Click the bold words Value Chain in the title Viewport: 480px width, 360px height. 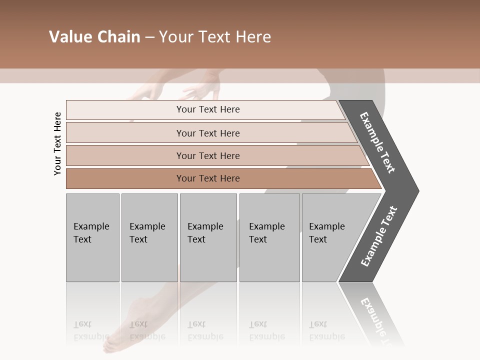click(94, 37)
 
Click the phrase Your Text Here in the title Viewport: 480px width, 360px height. click(215, 37)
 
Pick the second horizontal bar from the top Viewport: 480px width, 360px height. click(208, 133)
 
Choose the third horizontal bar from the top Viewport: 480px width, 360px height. click(208, 155)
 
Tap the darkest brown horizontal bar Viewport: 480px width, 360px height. click(208, 178)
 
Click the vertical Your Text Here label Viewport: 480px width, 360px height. click(57, 143)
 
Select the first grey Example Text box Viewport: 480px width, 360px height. click(92, 237)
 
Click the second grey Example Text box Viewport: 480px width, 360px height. click(149, 237)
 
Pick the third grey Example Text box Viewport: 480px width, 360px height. click(208, 237)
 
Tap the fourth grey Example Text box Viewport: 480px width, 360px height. click(269, 237)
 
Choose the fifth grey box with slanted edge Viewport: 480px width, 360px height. click(330, 237)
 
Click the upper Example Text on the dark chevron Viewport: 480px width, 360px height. click(377, 142)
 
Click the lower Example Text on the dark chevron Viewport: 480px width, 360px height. click(378, 236)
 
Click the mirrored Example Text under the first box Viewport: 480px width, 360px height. click(91, 330)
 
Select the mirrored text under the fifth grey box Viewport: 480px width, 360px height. click(326, 330)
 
